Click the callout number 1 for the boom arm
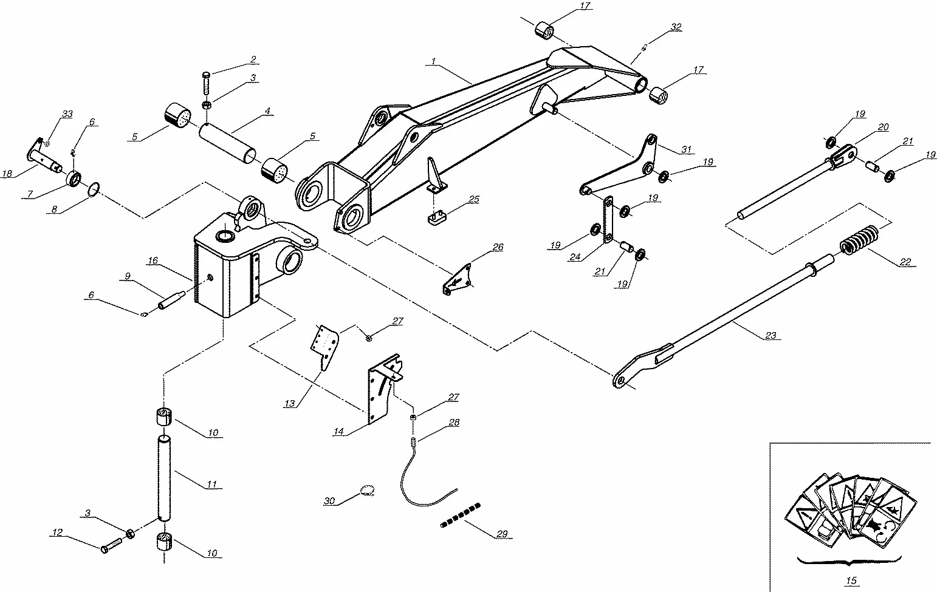point(433,61)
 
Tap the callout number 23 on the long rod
point(771,335)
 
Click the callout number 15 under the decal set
point(851,581)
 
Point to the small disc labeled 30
point(366,491)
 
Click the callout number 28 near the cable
point(454,422)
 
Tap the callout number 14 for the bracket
point(338,432)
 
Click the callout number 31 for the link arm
point(687,149)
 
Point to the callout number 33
point(67,114)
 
